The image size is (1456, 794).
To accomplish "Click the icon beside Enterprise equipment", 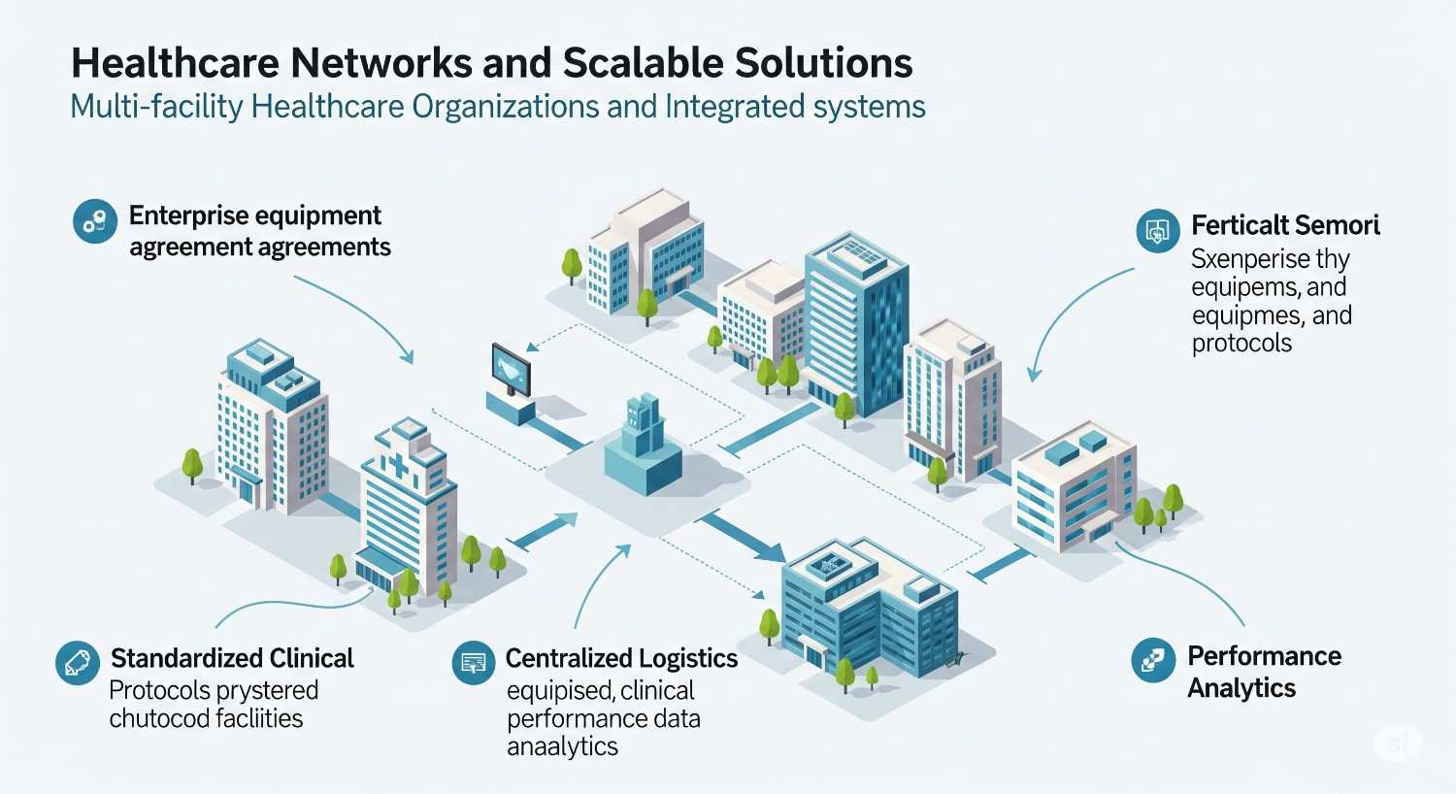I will (95, 222).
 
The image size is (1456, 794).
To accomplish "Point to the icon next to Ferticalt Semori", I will (1157, 231).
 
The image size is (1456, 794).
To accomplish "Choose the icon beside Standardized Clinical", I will (78, 663).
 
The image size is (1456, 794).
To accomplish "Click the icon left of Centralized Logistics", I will (474, 663).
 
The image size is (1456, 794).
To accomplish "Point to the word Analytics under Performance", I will (1241, 688).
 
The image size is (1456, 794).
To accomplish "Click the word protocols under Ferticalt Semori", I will (1241, 344).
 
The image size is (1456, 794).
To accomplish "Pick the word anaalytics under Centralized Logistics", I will (562, 747).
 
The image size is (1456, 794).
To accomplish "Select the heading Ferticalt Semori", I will (1285, 225).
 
